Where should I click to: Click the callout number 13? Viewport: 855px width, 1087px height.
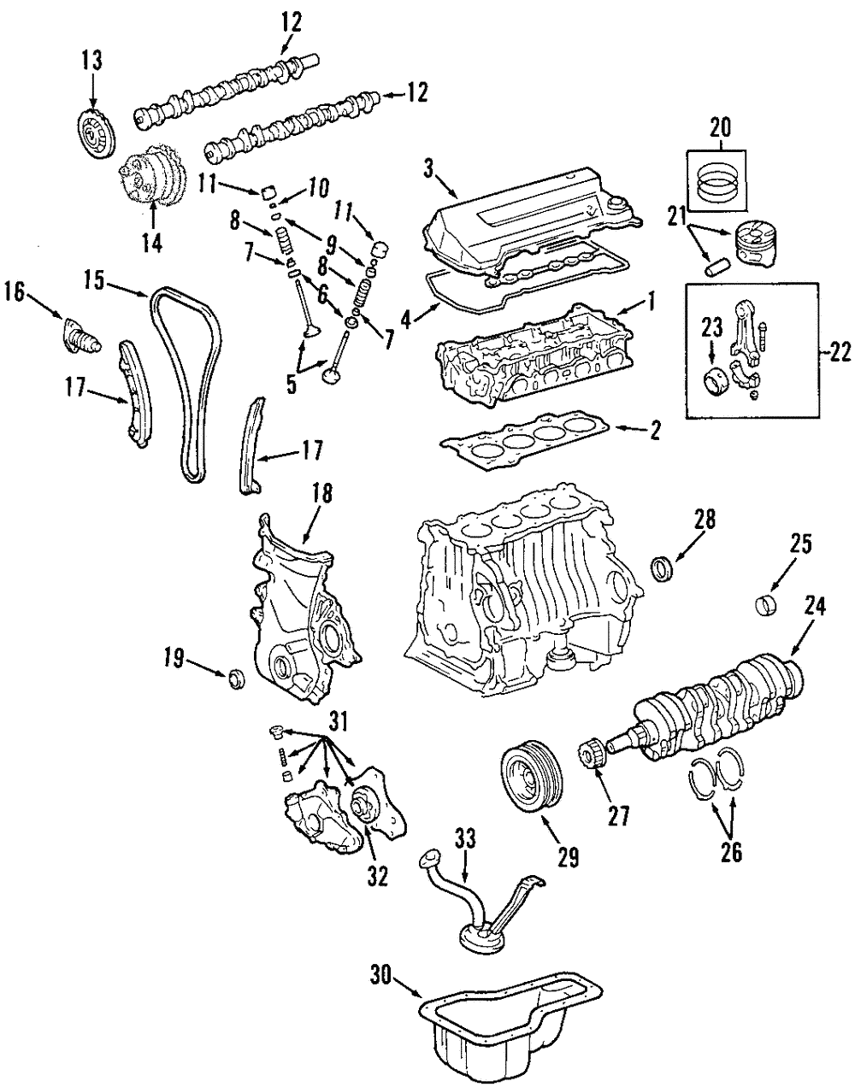pos(91,60)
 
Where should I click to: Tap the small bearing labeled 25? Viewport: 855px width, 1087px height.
pos(766,606)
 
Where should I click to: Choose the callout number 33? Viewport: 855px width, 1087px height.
pos(465,839)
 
